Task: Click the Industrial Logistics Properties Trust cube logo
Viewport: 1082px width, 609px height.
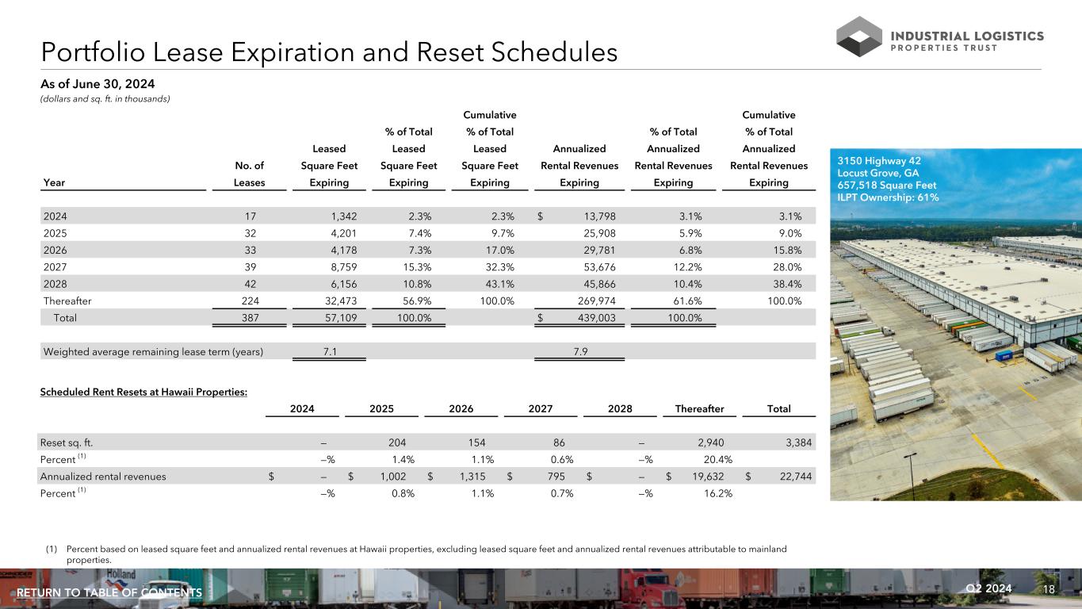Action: click(859, 37)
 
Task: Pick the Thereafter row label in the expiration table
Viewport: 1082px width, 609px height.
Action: click(67, 300)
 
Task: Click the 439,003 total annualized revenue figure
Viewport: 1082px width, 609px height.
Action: click(593, 317)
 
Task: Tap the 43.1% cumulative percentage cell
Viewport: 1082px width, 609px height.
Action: click(499, 282)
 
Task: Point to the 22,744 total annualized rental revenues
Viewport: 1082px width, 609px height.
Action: click(792, 476)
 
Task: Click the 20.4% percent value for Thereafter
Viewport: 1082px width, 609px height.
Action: click(717, 459)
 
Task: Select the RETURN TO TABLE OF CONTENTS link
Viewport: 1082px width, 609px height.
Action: click(109, 593)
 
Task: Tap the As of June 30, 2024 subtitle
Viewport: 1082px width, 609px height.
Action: click(97, 84)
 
